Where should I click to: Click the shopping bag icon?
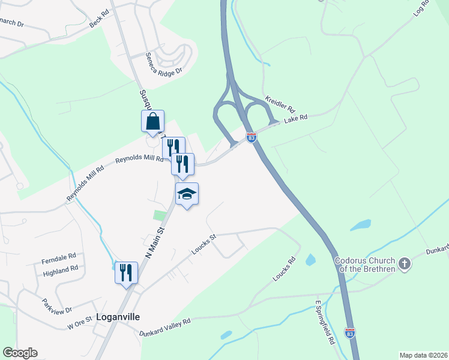(153, 121)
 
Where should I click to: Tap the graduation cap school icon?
(187, 194)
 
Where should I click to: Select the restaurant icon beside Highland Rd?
(126, 272)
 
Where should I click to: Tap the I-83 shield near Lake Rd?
(251, 137)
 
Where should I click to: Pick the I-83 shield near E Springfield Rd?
(350, 332)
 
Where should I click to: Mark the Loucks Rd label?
(285, 270)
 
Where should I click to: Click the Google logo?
(20, 352)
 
